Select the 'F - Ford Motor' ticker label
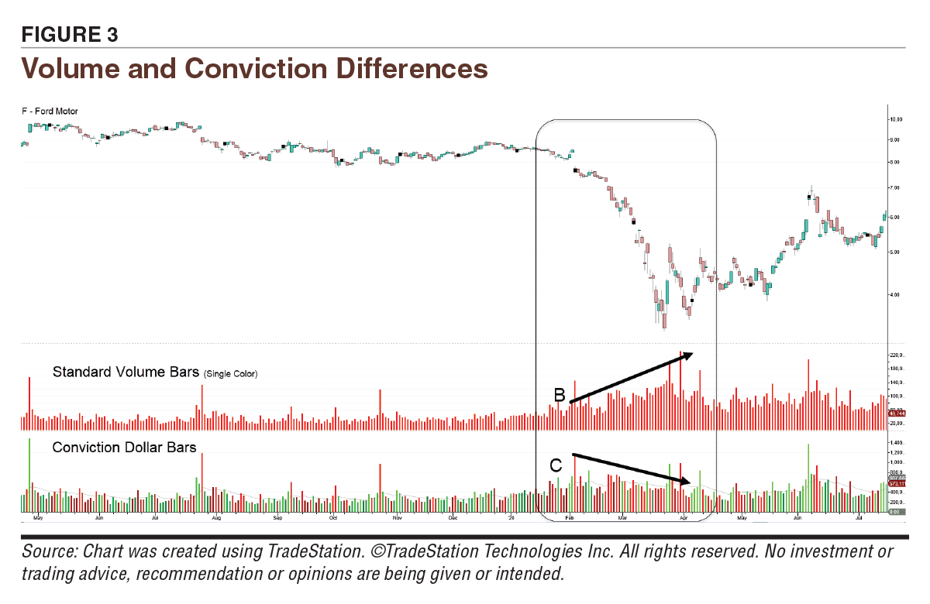pyautogui.click(x=50, y=112)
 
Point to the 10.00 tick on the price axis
pyautogui.click(x=897, y=119)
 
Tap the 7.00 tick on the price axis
pyautogui.click(x=897, y=188)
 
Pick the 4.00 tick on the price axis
pyautogui.click(x=897, y=294)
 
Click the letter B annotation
pyautogui.click(x=559, y=395)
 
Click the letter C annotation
pyautogui.click(x=556, y=465)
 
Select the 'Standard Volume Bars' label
pyautogui.click(x=126, y=372)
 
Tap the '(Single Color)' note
pyautogui.click(x=230, y=375)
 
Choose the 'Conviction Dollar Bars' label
pyautogui.click(x=124, y=448)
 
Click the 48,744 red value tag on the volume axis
pyautogui.click(x=897, y=414)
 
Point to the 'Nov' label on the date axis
pyautogui.click(x=396, y=516)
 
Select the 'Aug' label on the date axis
pyautogui.click(x=216, y=516)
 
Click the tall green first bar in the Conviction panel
pyautogui.click(x=29, y=472)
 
